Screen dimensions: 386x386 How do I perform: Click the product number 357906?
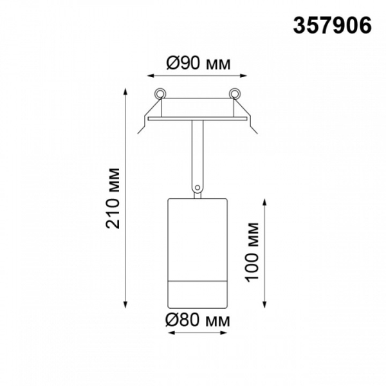point(332,26)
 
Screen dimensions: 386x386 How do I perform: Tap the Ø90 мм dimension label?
point(198,64)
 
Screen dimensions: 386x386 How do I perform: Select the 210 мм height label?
point(113,198)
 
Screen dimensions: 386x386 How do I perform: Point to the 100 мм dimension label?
point(252,252)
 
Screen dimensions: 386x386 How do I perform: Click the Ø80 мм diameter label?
point(198,320)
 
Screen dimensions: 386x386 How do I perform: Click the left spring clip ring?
point(160,93)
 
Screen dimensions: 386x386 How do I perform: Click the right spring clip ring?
point(235,93)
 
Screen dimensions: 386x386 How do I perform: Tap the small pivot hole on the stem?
point(198,188)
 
